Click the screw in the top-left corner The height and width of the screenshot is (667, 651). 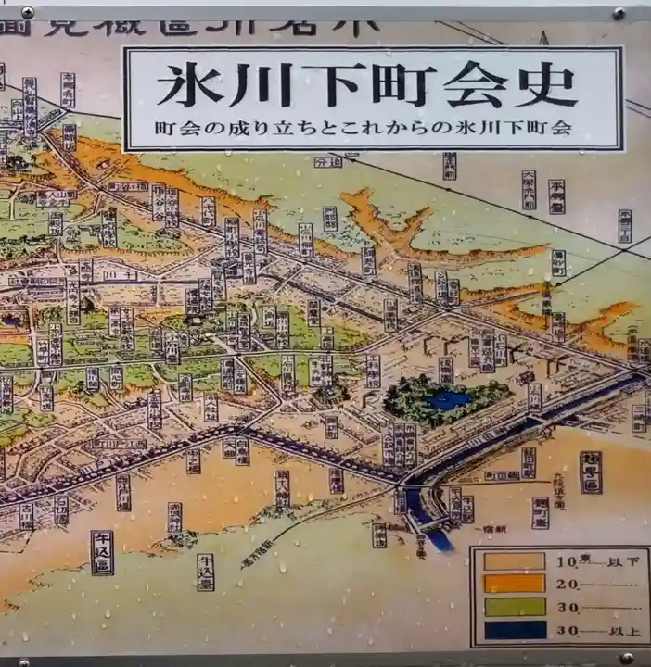click(27, 13)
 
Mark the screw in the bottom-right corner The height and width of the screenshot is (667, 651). click(627, 658)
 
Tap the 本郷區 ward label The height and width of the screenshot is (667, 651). click(591, 472)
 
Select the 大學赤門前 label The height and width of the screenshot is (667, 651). click(529, 189)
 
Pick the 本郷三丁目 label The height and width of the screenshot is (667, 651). click(625, 226)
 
